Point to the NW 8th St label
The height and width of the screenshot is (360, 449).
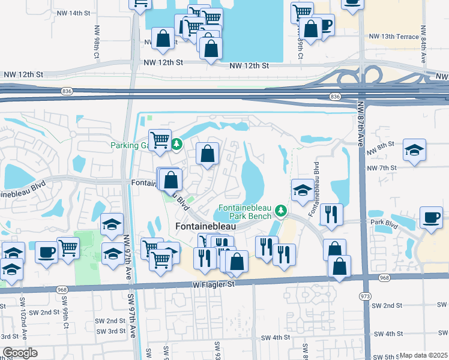point(382,145)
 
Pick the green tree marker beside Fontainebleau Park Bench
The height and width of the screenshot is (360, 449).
point(280,211)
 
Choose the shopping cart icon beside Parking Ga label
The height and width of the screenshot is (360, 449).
point(160,140)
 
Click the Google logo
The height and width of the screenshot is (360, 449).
point(20,353)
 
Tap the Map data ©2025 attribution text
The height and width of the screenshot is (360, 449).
point(423,355)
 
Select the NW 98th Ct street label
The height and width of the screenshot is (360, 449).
point(96,42)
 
